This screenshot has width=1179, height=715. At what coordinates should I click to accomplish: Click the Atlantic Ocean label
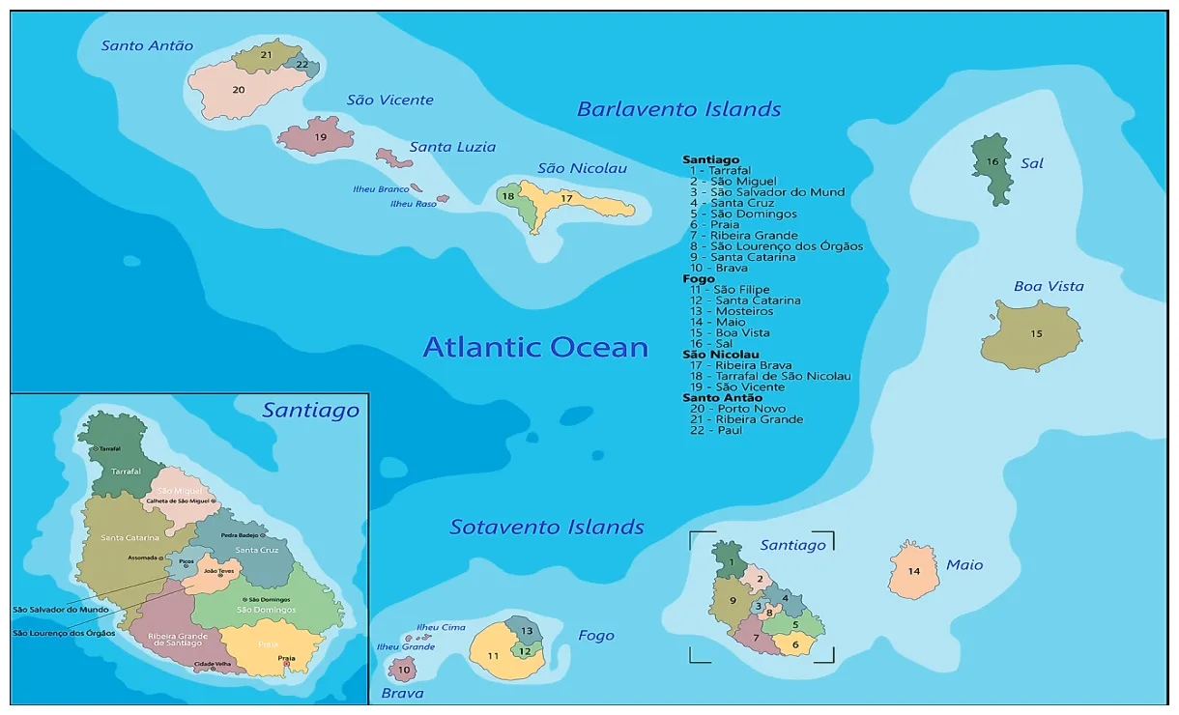535,347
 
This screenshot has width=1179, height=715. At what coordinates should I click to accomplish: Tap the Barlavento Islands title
678,109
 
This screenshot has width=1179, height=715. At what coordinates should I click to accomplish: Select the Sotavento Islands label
546,527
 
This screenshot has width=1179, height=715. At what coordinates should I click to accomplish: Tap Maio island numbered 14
913,571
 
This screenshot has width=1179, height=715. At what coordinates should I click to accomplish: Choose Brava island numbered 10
402,669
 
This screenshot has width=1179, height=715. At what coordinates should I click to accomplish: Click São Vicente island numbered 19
317,137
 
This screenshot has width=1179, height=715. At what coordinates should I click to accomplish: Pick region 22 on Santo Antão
302,65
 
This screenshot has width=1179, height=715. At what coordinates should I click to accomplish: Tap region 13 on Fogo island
526,630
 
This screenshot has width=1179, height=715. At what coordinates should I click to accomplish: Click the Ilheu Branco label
381,189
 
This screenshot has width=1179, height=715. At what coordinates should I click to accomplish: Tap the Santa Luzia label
452,147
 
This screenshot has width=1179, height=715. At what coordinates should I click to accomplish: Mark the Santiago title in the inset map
310,411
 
